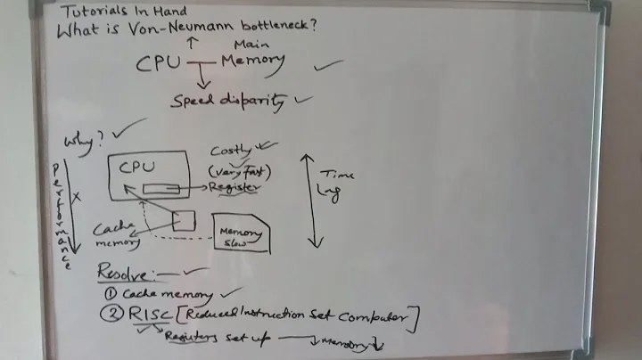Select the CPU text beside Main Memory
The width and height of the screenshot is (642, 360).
point(159,63)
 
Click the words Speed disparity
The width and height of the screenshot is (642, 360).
point(229,101)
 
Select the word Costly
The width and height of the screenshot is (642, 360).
point(230,151)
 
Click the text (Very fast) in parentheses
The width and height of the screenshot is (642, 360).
point(238,169)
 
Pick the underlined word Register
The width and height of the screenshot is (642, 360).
point(234,188)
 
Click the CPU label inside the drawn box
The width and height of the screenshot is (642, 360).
point(137,166)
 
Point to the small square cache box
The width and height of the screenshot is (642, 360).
point(185,219)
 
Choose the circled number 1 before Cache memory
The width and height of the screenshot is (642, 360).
point(111,293)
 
